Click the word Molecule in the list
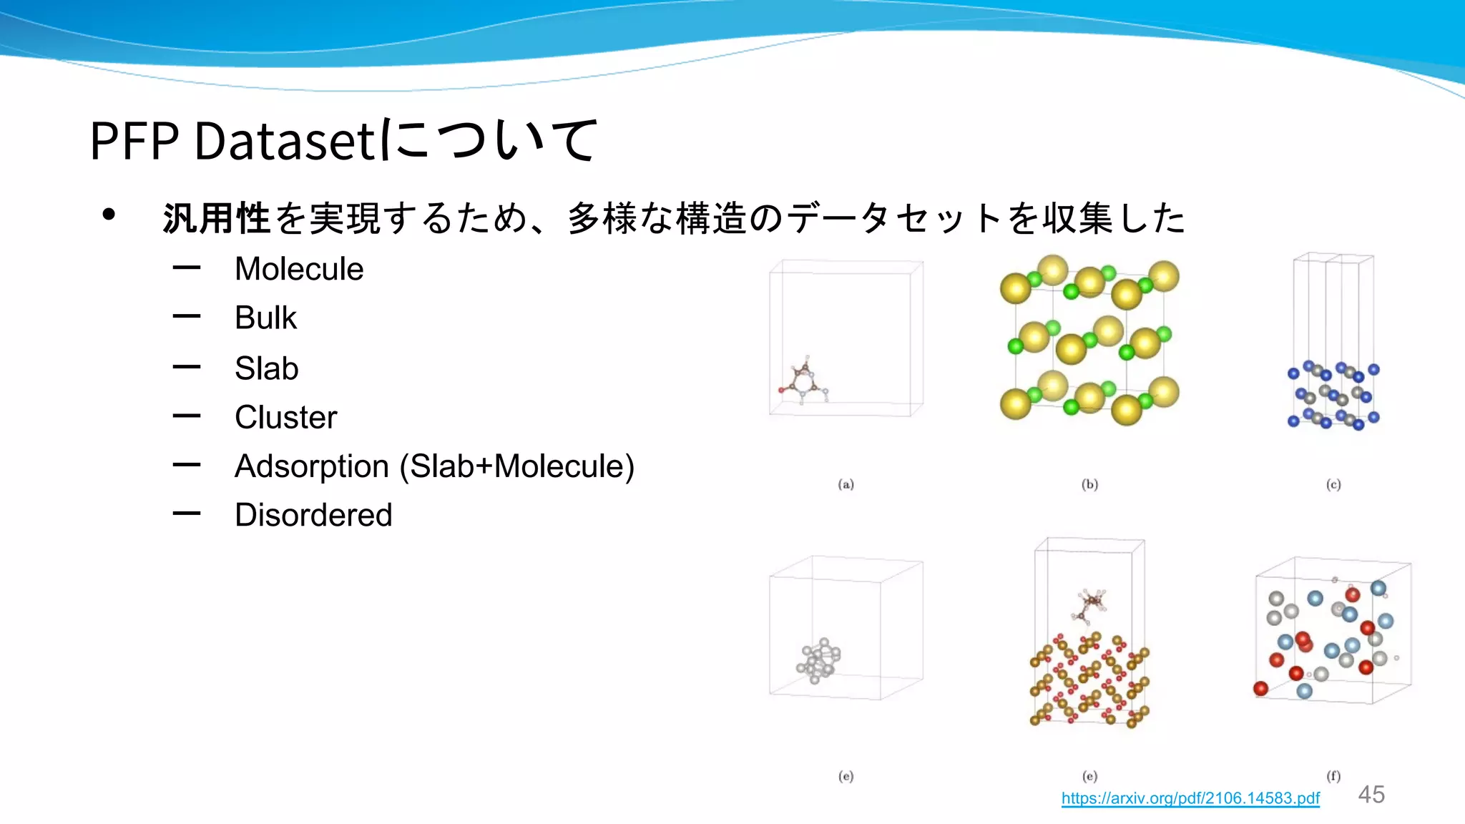point(299,270)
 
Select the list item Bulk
point(265,318)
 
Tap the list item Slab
point(266,369)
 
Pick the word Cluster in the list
point(285,418)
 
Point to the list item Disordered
point(313,515)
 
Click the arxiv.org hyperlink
point(1190,798)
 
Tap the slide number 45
point(1371,795)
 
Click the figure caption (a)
point(846,484)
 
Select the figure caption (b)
point(1089,484)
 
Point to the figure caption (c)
point(1333,484)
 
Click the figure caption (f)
point(1333,775)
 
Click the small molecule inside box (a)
point(805,381)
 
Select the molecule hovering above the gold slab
point(1091,605)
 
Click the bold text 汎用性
point(215,218)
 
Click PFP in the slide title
point(134,141)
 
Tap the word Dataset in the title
point(284,141)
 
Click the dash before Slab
point(187,368)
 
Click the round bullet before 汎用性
point(109,215)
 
